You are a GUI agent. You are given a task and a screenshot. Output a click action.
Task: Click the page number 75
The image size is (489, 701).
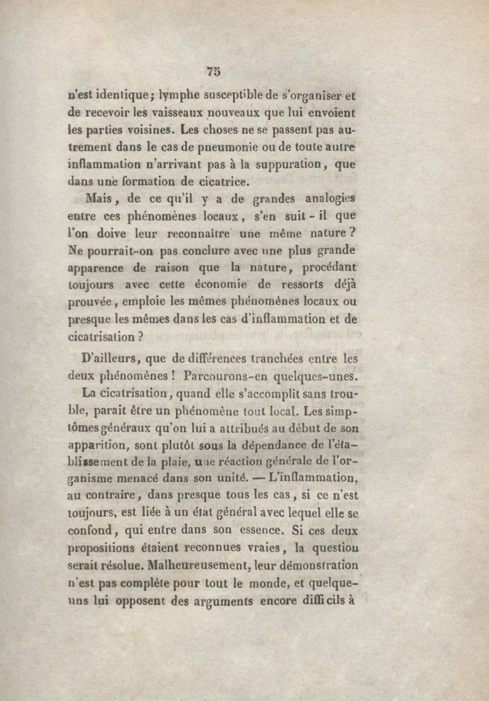click(213, 71)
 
